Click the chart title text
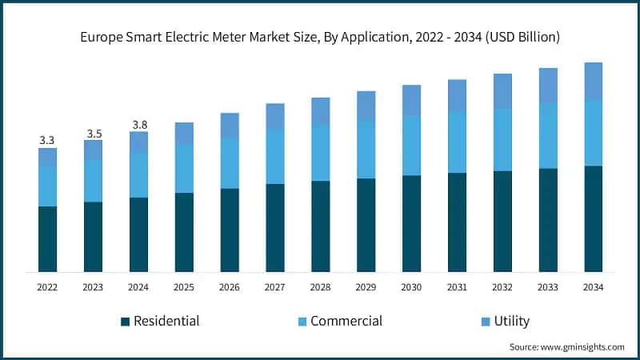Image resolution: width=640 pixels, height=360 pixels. [x=320, y=37]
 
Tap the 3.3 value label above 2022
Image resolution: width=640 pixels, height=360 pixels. [x=47, y=140]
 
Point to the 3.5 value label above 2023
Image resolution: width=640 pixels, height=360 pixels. [x=93, y=133]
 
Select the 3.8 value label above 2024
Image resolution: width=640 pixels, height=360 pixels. [x=138, y=125]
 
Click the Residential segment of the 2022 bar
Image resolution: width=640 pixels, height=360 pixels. [x=47, y=239]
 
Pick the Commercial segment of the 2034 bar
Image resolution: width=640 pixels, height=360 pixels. [x=593, y=133]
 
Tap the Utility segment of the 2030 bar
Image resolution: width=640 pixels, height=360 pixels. [x=411, y=100]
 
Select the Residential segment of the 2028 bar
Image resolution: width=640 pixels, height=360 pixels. [x=321, y=226]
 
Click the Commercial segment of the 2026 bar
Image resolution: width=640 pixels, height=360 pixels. [x=230, y=162]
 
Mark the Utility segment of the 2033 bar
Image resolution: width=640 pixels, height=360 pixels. [x=547, y=86]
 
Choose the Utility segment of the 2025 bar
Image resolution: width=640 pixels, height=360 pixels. [x=184, y=134]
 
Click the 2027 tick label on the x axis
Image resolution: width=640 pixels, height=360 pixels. [x=275, y=286]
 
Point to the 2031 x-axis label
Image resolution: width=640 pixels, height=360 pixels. [x=457, y=286]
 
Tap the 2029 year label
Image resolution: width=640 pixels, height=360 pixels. [x=366, y=286]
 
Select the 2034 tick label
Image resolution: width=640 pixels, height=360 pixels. [x=593, y=286]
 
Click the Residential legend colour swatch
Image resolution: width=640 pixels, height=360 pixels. [x=125, y=322]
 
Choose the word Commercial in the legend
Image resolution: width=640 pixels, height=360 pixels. [x=346, y=322]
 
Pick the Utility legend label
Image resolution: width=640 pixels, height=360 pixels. [x=511, y=322]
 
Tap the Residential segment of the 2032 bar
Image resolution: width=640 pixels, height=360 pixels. [x=502, y=222]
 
